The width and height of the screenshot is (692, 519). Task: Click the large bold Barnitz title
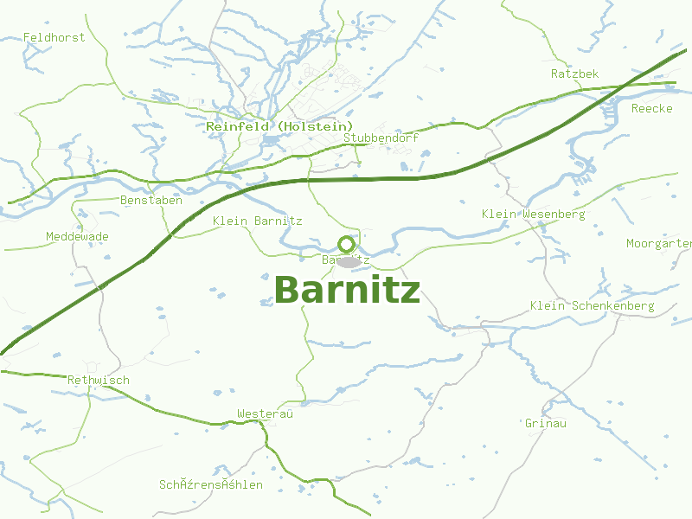pyautogui.click(x=347, y=291)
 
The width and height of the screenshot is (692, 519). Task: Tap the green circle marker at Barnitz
pyautogui.click(x=346, y=244)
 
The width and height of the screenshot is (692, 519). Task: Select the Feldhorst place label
pyautogui.click(x=54, y=37)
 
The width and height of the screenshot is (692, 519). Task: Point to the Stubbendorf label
pyautogui.click(x=381, y=138)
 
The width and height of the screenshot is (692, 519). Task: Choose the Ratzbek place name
pyautogui.click(x=574, y=74)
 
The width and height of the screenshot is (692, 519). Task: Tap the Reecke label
pyautogui.click(x=651, y=108)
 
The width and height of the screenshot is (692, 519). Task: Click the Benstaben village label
pyautogui.click(x=151, y=200)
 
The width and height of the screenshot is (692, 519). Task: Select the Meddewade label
pyautogui.click(x=77, y=236)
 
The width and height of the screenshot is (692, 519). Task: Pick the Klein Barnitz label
pyautogui.click(x=257, y=221)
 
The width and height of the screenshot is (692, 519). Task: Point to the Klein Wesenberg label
pyautogui.click(x=533, y=214)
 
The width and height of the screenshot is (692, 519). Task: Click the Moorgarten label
pyautogui.click(x=658, y=244)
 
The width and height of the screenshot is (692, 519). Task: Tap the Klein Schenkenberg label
pyautogui.click(x=592, y=305)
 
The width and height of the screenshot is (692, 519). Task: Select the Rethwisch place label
pyautogui.click(x=99, y=380)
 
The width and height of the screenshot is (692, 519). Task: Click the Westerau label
pyautogui.click(x=266, y=414)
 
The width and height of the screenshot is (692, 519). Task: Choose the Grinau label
pyautogui.click(x=545, y=423)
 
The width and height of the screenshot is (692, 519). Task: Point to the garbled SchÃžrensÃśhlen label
pyautogui.click(x=210, y=484)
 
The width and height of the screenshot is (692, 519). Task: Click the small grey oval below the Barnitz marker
pyautogui.click(x=348, y=262)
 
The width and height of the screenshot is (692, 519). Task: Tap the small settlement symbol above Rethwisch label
pyautogui.click(x=91, y=367)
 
